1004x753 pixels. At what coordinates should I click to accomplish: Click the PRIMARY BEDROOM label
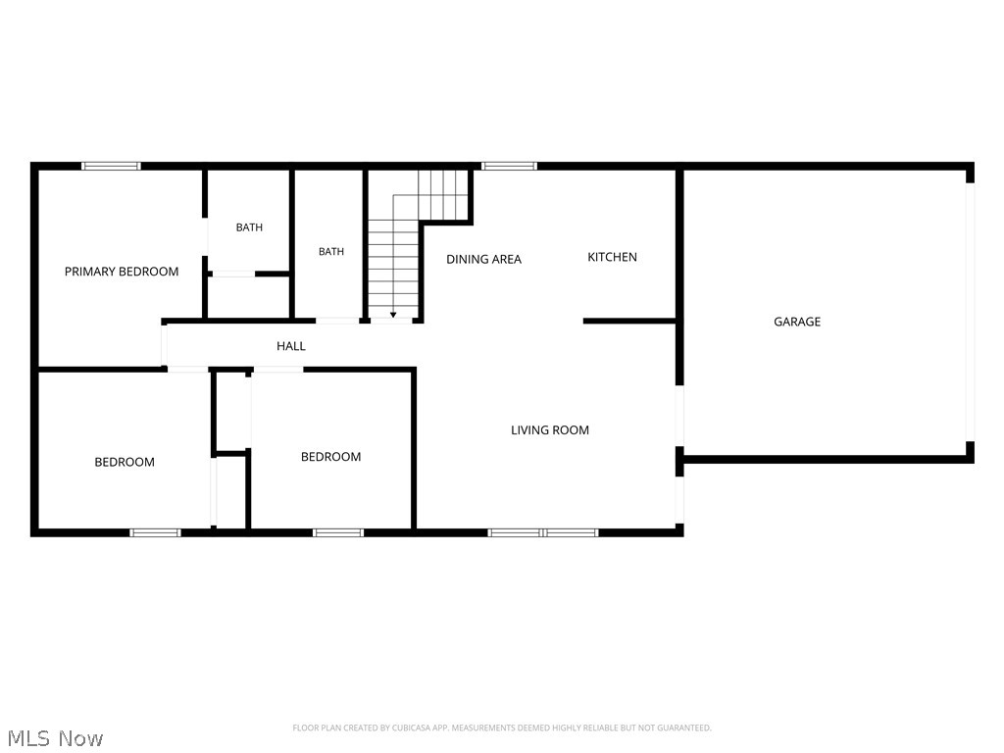tap(122, 272)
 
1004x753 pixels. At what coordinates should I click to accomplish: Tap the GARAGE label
tap(797, 322)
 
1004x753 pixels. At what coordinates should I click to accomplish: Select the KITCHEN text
tap(612, 257)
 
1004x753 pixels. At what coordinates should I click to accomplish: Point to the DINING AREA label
tap(484, 259)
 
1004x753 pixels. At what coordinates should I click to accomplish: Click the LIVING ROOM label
tap(550, 430)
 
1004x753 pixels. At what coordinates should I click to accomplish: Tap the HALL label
tap(290, 346)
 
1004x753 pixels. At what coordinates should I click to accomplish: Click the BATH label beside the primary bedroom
tap(249, 227)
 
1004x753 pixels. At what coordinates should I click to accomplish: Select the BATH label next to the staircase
tap(331, 252)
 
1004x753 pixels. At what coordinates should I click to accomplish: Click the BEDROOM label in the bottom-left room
tap(125, 463)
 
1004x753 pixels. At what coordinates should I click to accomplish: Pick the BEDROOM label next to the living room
tap(331, 457)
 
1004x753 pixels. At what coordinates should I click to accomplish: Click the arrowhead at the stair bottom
tap(393, 315)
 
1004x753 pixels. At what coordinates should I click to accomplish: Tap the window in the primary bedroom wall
tap(111, 166)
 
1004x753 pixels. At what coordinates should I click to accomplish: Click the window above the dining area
tap(509, 166)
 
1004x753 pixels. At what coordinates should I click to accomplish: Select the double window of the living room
tap(543, 532)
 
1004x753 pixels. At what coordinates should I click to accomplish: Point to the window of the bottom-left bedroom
tap(155, 532)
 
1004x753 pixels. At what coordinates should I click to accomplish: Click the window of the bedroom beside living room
tap(338, 532)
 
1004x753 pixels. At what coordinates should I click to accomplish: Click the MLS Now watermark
tap(55, 738)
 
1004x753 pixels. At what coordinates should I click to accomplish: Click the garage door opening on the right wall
tap(970, 312)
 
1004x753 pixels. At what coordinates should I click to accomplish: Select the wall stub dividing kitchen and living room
tap(629, 321)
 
